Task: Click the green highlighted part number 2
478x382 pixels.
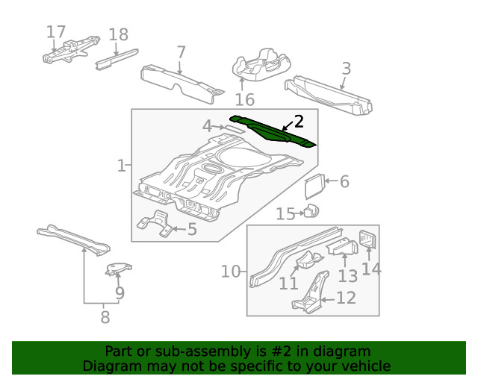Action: coord(273,132)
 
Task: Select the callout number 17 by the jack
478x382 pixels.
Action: coord(56,32)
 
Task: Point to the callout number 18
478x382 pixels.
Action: coord(118,35)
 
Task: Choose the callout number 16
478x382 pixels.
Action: coord(245,100)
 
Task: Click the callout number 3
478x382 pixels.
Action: coord(346,69)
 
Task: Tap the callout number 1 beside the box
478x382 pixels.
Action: coord(121,165)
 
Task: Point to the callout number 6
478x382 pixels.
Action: coord(344,181)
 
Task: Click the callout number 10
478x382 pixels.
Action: coord(232,272)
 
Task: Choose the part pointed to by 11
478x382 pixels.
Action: coord(308,261)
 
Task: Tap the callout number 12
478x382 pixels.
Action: coord(346,298)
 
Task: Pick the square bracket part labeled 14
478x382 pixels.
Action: coord(368,240)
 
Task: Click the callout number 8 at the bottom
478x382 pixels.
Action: coord(105,317)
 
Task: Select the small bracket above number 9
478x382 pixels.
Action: coord(118,269)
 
